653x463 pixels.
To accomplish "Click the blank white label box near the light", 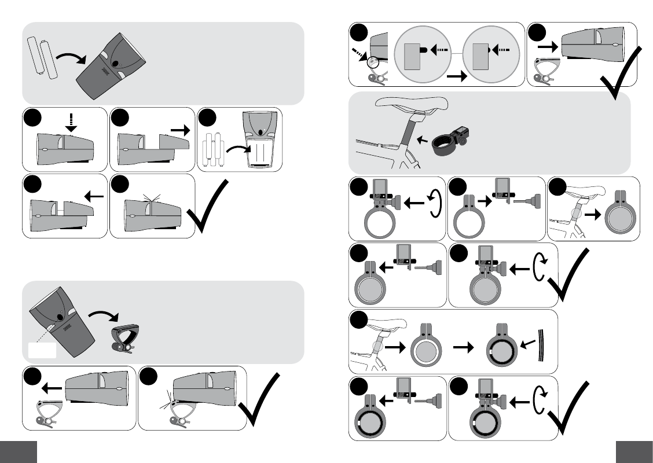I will pos(42,350).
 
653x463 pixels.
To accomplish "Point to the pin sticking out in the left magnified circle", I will pos(426,50).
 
